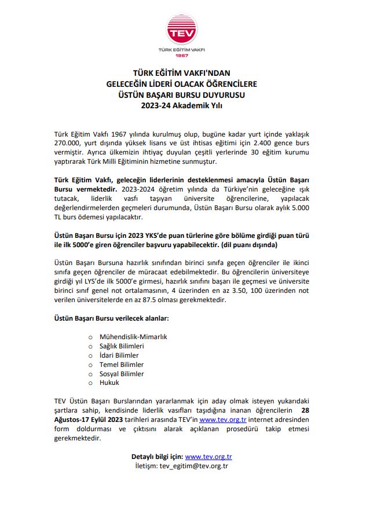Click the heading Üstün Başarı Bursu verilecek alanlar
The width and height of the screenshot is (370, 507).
[x=111, y=318]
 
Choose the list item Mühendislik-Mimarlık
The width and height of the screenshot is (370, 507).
[x=133, y=336]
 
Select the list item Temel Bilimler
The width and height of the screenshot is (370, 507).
[x=122, y=364]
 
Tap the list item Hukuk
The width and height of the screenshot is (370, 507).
[x=109, y=383]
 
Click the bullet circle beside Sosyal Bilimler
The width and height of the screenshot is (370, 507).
[x=90, y=373]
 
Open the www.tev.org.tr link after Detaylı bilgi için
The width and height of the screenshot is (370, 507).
[x=208, y=456]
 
